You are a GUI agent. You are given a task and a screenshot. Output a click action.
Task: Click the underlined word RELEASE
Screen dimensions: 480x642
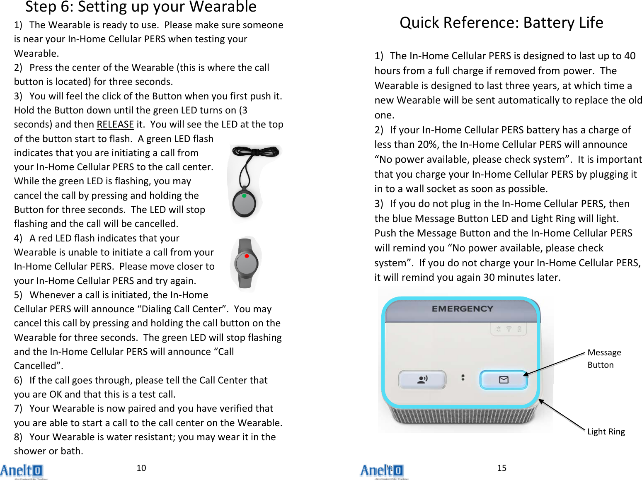(x=115, y=125)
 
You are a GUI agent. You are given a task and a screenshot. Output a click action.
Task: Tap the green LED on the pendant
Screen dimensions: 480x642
(x=244, y=196)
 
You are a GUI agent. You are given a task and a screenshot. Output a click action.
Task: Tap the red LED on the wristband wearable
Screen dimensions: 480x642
(x=247, y=256)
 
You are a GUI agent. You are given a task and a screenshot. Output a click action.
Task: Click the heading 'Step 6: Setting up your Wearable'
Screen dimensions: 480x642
(x=141, y=7)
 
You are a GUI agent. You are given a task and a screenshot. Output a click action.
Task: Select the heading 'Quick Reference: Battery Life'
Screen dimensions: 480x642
(x=501, y=22)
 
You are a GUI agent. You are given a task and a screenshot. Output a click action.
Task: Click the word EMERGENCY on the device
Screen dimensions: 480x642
(x=462, y=309)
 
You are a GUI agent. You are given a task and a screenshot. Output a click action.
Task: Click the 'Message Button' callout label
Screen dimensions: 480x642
(x=604, y=359)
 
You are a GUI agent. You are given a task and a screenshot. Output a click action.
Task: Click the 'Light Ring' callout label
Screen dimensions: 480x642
(x=606, y=432)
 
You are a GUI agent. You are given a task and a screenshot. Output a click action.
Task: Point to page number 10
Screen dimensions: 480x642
(x=141, y=468)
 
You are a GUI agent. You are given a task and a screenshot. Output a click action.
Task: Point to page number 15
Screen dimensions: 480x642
(x=501, y=468)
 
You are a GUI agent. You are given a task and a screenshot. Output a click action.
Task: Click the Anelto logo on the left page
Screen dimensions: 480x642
(x=22, y=471)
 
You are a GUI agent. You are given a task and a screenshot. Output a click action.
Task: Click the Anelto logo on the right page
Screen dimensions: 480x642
(x=382, y=471)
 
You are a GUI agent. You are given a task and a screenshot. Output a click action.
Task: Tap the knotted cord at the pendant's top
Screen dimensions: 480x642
(x=255, y=152)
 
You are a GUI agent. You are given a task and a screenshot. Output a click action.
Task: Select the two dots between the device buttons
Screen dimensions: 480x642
(x=463, y=378)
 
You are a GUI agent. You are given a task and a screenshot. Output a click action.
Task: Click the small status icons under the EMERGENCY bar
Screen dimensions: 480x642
(x=509, y=329)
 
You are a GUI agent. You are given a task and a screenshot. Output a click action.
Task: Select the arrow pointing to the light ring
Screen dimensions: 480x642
(x=562, y=415)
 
